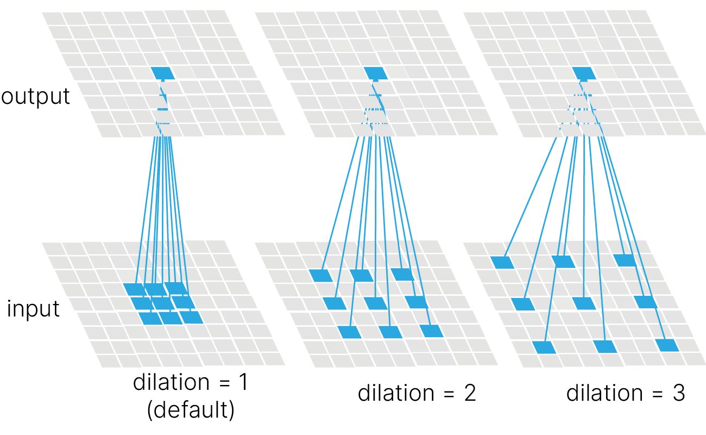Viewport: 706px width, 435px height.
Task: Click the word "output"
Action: point(36,96)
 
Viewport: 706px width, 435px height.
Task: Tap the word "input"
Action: point(33,309)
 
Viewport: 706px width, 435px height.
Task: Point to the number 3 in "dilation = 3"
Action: point(678,393)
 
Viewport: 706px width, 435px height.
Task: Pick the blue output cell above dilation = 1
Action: point(161,72)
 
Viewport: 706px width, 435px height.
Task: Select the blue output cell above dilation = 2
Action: point(374,72)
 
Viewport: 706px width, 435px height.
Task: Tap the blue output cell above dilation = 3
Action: point(583,72)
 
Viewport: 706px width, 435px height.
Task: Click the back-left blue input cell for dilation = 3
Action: point(502,263)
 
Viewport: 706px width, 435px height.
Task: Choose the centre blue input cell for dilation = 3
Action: point(584,303)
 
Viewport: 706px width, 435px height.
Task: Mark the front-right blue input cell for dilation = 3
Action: point(667,345)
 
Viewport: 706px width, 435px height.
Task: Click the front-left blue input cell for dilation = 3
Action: point(545,347)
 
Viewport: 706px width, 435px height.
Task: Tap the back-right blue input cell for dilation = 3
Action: point(624,260)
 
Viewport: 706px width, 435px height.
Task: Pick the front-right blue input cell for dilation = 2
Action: point(431,331)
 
